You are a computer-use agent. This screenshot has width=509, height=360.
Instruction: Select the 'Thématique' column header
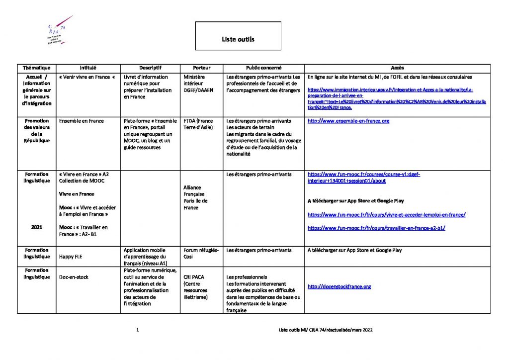[36, 68]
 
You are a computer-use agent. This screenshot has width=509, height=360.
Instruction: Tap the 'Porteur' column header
[201, 68]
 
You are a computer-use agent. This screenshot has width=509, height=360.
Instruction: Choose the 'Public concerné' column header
[263, 68]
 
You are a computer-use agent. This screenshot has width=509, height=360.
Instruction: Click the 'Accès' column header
[397, 68]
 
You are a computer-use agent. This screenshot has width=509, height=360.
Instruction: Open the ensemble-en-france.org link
[348, 121]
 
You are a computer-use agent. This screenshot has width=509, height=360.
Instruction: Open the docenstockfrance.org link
[339, 286]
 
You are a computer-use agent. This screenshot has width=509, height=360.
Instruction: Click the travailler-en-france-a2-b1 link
[376, 228]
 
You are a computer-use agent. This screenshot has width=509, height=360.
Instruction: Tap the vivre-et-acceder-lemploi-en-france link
[386, 215]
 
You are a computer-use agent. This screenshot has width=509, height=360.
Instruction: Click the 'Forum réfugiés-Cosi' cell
[201, 253]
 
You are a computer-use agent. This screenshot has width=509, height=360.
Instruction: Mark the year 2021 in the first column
[36, 227]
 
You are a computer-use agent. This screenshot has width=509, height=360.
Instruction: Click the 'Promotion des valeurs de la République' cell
[36, 131]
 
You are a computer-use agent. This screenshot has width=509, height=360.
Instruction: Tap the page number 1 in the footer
[137, 330]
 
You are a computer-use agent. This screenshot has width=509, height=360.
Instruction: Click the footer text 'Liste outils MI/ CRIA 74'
[326, 330]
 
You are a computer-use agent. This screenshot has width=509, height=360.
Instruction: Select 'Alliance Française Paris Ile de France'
[195, 197]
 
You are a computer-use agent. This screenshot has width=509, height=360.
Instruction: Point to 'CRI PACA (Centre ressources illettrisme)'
[196, 286]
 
